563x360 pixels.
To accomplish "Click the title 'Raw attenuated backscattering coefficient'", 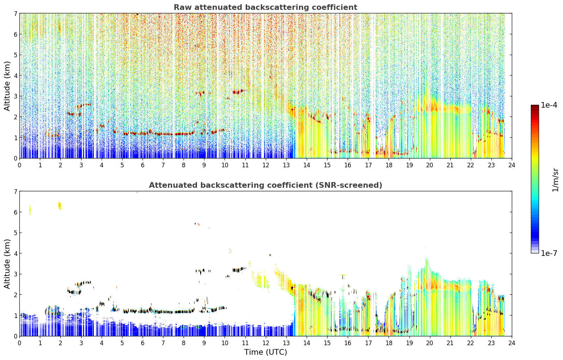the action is pos(265,7).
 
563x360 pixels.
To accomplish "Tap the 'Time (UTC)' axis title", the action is pos(265,352).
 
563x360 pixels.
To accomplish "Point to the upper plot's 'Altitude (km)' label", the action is pos(7,86).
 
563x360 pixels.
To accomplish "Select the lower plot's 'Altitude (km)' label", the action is pos(7,264).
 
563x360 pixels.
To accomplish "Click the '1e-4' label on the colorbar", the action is pos(549,105).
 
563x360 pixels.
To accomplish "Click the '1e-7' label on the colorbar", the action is pos(549,253).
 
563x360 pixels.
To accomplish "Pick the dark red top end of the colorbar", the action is pos(535,106).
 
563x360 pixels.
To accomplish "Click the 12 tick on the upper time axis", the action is pos(266,165).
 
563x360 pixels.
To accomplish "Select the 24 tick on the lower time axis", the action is pos(512,343).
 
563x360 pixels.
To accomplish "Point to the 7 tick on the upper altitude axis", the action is pos(16,13).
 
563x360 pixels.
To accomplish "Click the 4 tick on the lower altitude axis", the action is pos(16,253).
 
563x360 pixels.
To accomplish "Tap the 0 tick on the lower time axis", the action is pos(20,343).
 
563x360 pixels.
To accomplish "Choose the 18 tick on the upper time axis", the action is pos(389,165).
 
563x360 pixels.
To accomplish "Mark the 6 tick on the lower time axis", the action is pos(143,343).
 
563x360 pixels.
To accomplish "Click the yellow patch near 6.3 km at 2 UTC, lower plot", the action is pos(60,206).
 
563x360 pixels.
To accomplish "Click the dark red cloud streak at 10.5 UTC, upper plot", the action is pos(238,92).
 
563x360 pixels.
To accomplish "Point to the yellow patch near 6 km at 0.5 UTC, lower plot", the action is pos(30,209).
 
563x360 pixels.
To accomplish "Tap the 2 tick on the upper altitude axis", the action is pos(16,117).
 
